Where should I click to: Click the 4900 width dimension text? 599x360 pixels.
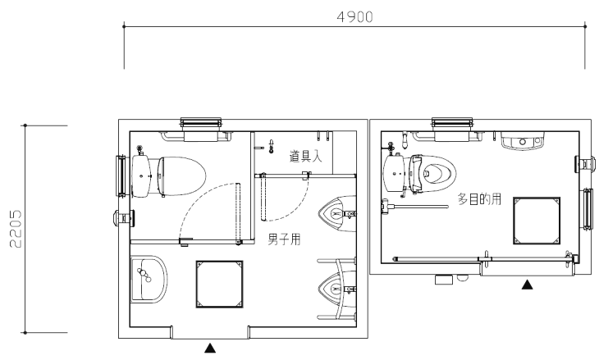click(355, 17)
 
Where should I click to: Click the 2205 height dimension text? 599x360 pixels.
click(16, 229)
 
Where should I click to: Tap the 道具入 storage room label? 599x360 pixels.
click(306, 156)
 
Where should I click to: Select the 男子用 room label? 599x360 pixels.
click(284, 239)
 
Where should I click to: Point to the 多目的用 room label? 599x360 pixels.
click(479, 199)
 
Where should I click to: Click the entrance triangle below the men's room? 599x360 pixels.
click(210, 348)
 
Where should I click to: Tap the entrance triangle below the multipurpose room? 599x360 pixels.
click(528, 285)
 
